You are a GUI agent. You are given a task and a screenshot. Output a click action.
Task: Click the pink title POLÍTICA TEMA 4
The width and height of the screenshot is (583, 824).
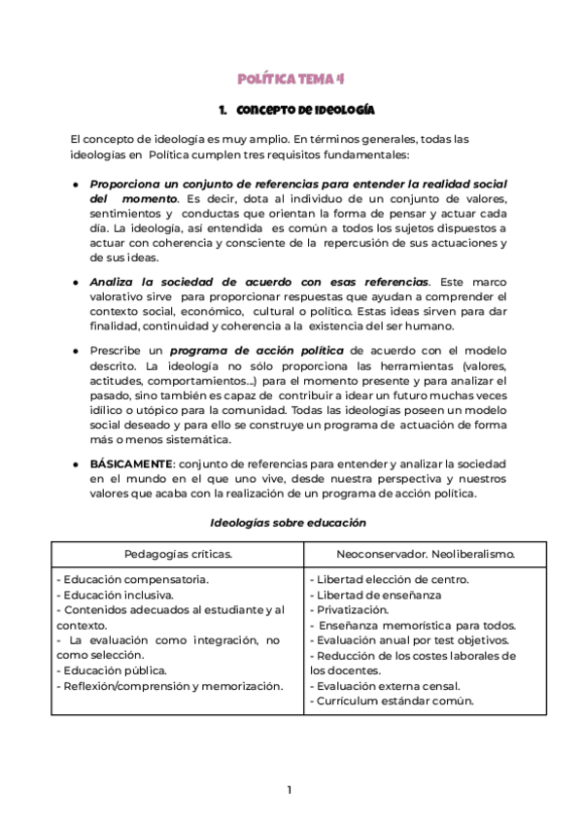[291, 79]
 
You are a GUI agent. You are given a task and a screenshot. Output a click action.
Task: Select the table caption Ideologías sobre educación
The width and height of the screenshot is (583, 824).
[288, 523]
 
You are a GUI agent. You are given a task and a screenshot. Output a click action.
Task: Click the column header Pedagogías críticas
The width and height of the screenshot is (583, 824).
[178, 554]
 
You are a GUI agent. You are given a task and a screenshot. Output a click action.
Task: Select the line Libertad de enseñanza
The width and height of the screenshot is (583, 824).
[376, 595]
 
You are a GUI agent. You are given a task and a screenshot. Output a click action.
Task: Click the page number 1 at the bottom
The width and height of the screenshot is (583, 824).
[290, 790]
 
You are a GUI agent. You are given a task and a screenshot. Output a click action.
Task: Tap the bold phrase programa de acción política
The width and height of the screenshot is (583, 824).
[257, 350]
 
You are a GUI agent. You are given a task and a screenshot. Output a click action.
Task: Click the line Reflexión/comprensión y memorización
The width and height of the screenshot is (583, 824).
[170, 686]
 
